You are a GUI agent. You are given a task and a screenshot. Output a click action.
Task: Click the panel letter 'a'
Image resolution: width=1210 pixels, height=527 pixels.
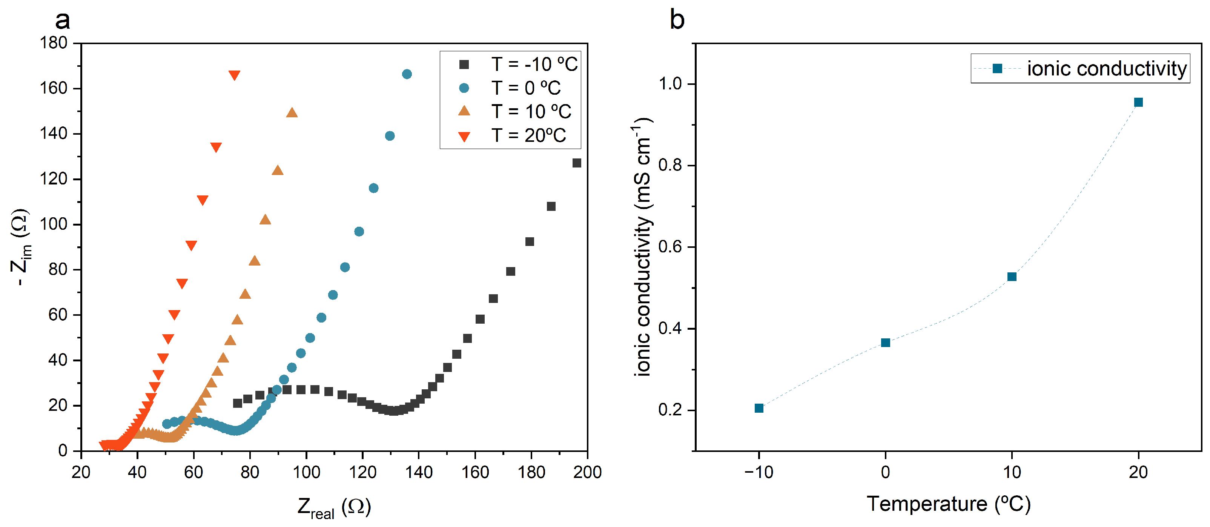[x=63, y=20]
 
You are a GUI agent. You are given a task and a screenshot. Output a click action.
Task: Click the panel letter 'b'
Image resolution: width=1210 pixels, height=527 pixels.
[x=677, y=20]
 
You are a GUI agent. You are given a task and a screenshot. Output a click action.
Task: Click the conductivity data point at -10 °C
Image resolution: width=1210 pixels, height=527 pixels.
[x=759, y=408]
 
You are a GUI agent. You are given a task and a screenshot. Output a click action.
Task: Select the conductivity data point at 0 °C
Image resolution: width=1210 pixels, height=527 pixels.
[x=885, y=343]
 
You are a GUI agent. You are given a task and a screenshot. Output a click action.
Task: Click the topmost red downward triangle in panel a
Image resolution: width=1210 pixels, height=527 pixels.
[x=234, y=75]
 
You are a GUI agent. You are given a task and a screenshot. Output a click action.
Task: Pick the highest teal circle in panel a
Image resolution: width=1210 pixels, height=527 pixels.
[x=407, y=74]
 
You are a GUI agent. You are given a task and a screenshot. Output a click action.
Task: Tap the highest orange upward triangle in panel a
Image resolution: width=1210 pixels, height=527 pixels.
[x=292, y=113]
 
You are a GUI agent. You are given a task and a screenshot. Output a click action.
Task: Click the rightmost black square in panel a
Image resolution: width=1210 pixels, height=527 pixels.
[x=577, y=163]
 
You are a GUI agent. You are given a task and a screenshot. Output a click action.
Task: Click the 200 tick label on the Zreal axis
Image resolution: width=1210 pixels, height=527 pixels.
[x=587, y=472]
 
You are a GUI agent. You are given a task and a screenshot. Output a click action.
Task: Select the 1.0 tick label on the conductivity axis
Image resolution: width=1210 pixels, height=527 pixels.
[x=670, y=84]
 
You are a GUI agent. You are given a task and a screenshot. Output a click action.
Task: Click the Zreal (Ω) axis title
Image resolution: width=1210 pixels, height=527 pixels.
[x=334, y=508]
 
